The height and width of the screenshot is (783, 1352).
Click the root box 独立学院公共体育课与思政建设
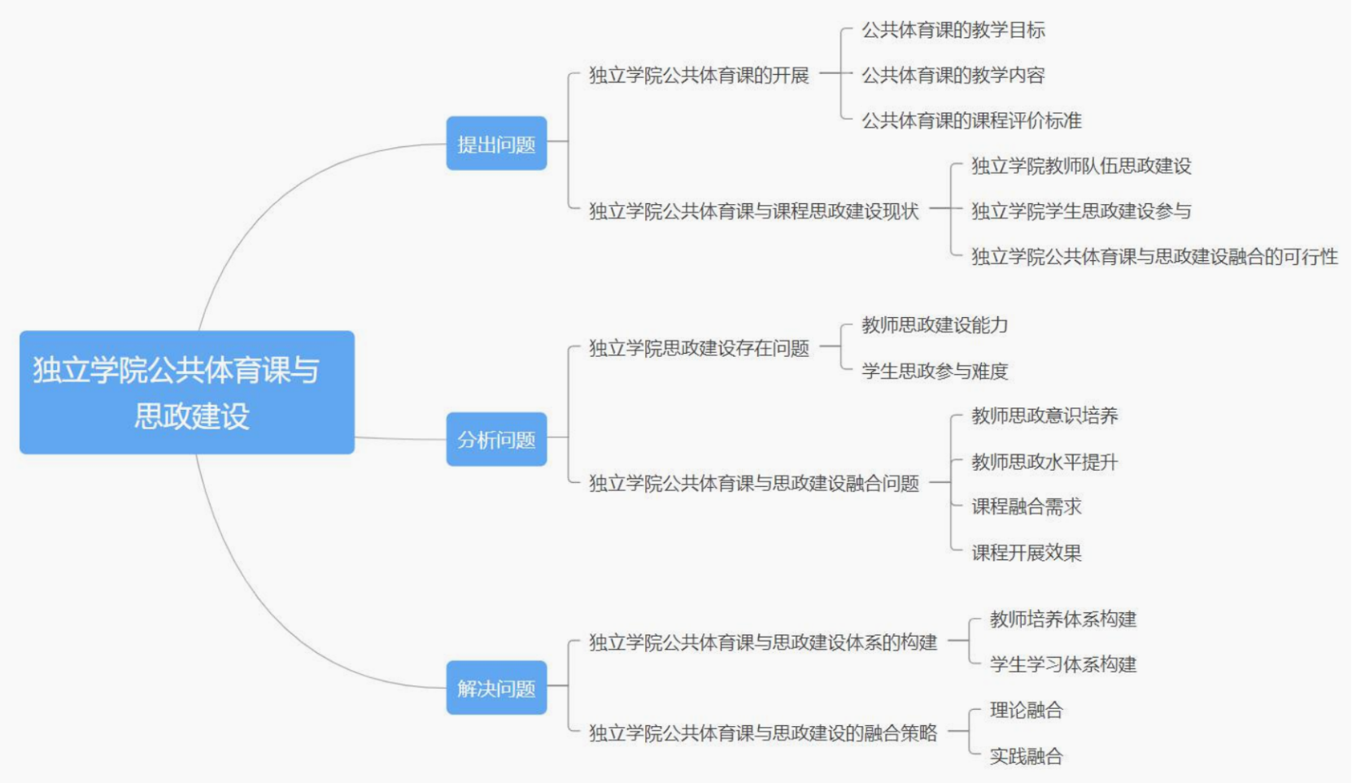click(187, 392)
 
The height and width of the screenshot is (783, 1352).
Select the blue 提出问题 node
click(496, 144)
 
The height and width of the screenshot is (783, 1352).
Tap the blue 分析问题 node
click(496, 440)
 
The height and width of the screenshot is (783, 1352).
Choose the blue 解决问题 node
click(496, 689)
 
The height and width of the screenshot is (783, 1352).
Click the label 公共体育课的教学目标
click(953, 31)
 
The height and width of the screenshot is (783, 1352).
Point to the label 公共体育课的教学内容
click(953, 76)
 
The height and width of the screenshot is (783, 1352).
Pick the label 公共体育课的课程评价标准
click(971, 121)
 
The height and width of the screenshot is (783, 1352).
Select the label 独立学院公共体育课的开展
click(699, 76)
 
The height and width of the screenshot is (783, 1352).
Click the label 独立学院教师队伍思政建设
click(1081, 167)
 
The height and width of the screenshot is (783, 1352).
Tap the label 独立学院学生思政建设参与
click(1081, 211)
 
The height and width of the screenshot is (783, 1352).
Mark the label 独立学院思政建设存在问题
click(699, 349)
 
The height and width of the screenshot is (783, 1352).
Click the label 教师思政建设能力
click(935, 325)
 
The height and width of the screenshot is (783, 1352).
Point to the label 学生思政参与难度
click(935, 372)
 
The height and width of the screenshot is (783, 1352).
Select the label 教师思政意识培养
click(1045, 416)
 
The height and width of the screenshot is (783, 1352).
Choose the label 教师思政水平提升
click(1045, 463)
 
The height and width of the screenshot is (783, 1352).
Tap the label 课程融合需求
click(1027, 507)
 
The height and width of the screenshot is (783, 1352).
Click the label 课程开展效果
click(1027, 553)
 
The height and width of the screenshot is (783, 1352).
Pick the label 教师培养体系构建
click(1062, 620)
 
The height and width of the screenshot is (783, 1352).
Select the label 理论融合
click(1026, 711)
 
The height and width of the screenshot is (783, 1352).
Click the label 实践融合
click(1026, 757)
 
